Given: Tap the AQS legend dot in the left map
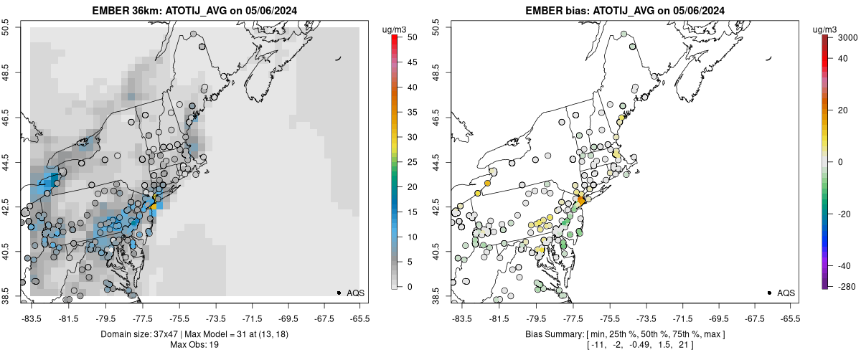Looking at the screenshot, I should pyautogui.click(x=339, y=293).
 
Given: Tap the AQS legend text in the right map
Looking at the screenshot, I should pyautogui.click(x=786, y=293).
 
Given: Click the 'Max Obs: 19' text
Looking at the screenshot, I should pyautogui.click(x=194, y=344).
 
